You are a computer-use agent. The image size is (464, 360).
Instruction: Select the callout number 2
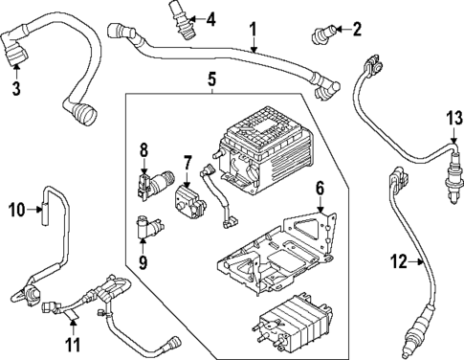(x=356, y=30)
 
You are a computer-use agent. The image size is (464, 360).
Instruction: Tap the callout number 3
(x=16, y=90)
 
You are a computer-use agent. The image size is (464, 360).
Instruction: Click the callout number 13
(x=452, y=118)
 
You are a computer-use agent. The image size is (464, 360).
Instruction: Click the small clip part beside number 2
(x=320, y=36)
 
